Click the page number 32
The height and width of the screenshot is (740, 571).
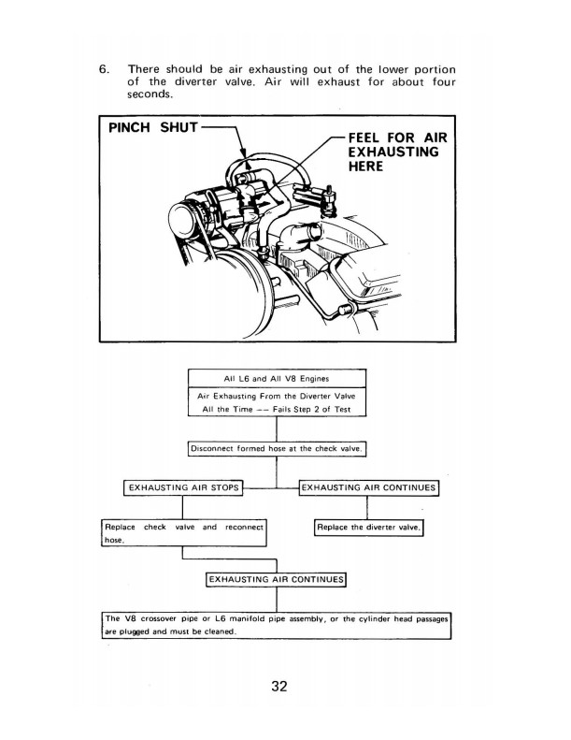[x=278, y=686]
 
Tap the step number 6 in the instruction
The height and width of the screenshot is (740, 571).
[x=105, y=69]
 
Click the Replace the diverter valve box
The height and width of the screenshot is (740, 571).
[x=369, y=528]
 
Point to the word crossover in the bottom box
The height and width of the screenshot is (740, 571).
[x=170, y=618]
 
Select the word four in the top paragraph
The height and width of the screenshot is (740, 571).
[x=435, y=82]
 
